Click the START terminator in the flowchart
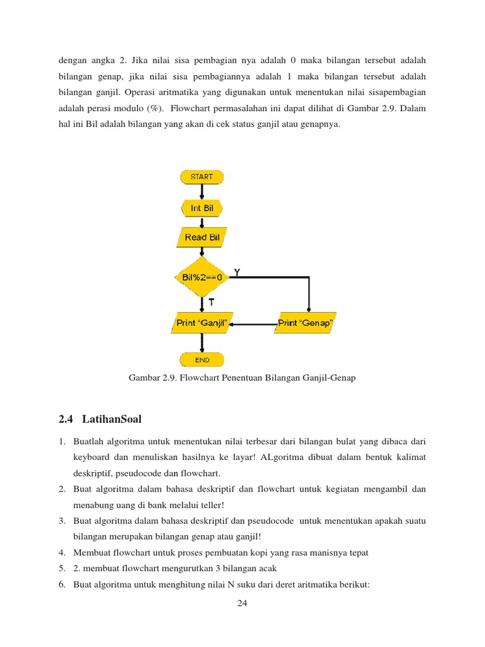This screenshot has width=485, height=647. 201,177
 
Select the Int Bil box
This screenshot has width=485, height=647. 201,208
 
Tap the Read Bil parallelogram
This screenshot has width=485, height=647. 201,238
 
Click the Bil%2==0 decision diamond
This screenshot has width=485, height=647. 201,277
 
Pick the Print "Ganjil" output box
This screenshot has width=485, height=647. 201,323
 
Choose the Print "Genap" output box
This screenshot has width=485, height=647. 306,323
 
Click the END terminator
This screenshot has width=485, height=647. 201,360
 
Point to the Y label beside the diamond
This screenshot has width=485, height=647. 237,272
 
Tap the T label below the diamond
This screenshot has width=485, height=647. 212,302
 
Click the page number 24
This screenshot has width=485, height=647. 242,603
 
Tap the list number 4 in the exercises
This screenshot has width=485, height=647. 62,552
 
